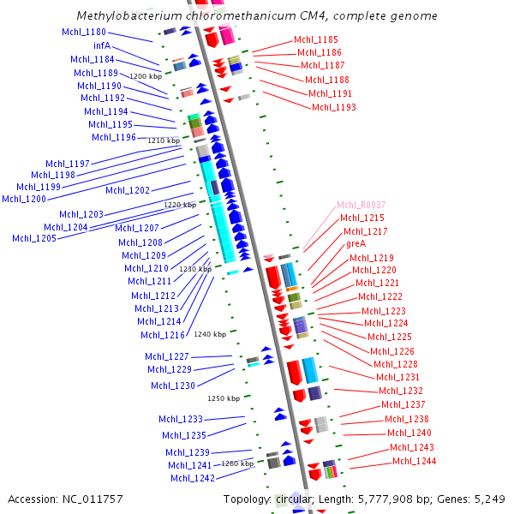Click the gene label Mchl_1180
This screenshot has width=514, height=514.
84,33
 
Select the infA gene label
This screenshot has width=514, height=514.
101,45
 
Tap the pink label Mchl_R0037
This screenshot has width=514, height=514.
361,206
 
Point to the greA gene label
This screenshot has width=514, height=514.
356,244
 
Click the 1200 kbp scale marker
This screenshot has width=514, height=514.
146,76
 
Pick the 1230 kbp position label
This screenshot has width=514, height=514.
194,269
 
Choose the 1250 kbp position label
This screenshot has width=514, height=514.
223,398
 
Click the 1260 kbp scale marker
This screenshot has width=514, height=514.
237,463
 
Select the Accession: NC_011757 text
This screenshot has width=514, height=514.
65,499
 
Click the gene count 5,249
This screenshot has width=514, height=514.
489,499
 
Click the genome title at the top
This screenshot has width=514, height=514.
257,16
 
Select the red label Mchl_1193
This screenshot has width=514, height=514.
333,107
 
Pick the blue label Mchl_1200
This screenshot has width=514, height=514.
24,199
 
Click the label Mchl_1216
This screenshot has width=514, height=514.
162,335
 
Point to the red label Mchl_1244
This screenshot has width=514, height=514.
414,462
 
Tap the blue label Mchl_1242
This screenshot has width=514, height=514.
192,478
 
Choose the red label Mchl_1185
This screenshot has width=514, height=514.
315,39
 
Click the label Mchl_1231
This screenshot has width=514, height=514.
397,377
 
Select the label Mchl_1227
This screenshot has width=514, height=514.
166,356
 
